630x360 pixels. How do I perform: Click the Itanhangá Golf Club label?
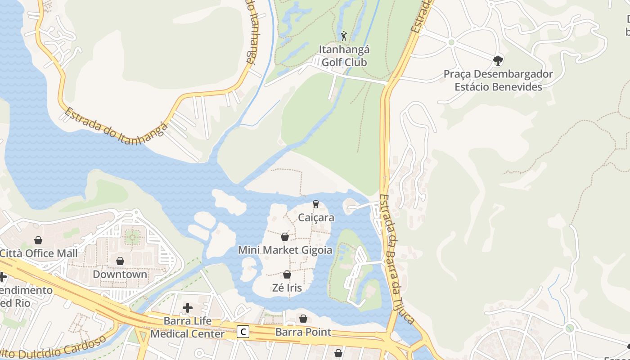343,56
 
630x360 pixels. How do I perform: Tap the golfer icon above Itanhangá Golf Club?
344,36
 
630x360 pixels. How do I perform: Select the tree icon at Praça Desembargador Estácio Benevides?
498,60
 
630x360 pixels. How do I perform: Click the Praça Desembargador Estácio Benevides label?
498,80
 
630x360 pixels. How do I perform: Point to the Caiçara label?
316,218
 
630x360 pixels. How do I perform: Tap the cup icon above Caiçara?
316,204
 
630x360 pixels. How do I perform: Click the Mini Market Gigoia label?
285,250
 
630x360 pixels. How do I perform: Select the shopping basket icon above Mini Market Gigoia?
285,237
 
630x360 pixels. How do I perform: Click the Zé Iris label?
287,288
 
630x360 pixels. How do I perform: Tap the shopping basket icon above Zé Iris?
287,274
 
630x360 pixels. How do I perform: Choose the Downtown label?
120,274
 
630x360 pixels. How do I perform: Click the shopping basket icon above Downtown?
120,261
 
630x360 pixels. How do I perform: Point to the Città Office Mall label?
39,253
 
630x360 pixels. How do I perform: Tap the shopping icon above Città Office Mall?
38,240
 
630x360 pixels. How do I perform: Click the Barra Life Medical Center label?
187,328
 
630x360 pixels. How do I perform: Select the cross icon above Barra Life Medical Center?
188,308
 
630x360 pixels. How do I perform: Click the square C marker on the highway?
243,332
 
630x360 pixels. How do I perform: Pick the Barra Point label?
303,332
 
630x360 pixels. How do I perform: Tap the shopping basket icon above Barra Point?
303,319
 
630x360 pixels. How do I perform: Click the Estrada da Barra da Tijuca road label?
396,259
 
